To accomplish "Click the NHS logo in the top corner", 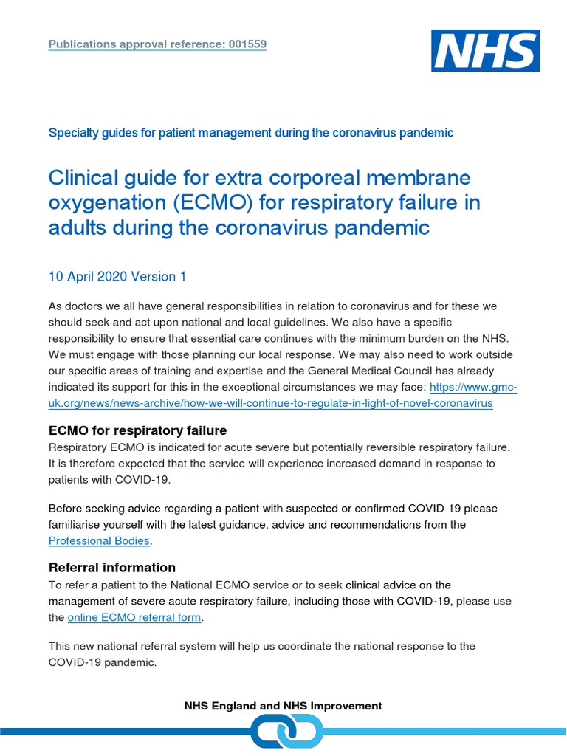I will pyautogui.click(x=484, y=51).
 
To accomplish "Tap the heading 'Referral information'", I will pyautogui.click(x=111, y=567).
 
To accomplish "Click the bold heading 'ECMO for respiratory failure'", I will pyautogui.click(x=137, y=430).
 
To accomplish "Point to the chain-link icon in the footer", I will pyautogui.click(x=286, y=732).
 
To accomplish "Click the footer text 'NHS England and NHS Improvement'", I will pyautogui.click(x=283, y=706).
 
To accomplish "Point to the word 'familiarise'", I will pyautogui.click(x=82, y=524).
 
